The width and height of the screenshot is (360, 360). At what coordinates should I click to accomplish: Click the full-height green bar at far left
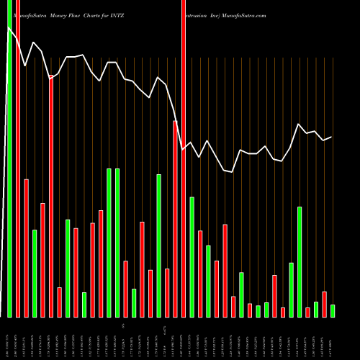[x=9, y=173]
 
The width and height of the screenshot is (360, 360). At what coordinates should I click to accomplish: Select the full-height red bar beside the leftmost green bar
[x=18, y=173]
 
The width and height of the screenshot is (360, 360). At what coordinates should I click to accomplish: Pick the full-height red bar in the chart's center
[x=184, y=173]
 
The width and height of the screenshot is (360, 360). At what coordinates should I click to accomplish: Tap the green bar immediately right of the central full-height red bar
[x=192, y=257]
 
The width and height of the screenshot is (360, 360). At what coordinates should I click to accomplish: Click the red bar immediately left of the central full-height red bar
[x=175, y=219]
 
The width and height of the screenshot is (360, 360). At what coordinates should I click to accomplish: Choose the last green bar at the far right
[x=333, y=311]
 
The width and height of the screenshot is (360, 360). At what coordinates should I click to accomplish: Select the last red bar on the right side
[x=324, y=304]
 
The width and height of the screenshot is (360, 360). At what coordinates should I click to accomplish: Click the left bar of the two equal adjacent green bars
[x=109, y=243]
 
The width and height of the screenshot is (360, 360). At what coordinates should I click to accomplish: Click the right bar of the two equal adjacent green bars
[x=117, y=243]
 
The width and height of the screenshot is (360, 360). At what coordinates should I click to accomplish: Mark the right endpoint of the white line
[x=332, y=137]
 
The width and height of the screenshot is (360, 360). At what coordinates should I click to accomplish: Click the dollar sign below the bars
[x=123, y=327]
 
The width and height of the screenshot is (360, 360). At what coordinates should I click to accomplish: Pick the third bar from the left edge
[x=26, y=248]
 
